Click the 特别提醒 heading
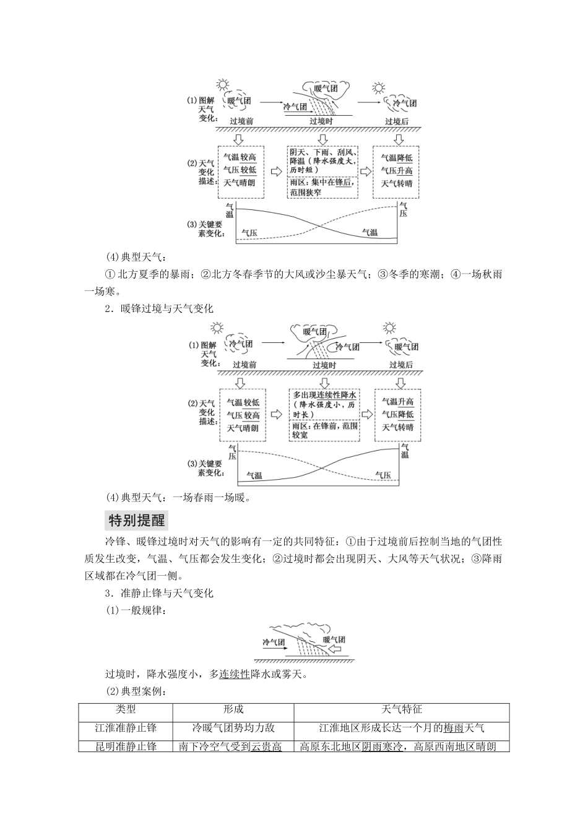pyautogui.click(x=136, y=520)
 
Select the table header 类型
pyautogui.click(x=125, y=710)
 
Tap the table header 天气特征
pyautogui.click(x=402, y=710)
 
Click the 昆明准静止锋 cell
pyautogui.click(x=125, y=746)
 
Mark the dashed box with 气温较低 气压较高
pyautogui.click(x=242, y=415)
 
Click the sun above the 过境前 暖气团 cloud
pyautogui.click(x=222, y=85)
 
